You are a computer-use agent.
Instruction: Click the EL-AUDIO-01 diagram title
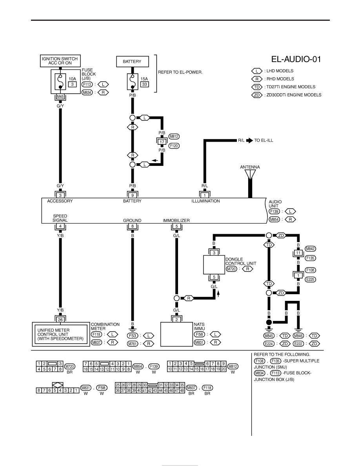296,59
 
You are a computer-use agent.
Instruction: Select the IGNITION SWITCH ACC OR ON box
60,61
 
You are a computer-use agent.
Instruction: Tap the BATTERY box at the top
132,62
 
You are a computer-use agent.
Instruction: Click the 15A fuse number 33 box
144,84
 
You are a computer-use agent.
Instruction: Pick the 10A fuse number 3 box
72,84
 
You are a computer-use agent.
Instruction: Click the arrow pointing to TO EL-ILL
249,140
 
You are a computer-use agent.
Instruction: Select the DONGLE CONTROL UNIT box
214,264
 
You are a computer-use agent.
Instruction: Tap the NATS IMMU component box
177,334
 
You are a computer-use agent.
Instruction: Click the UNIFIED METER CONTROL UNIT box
61,334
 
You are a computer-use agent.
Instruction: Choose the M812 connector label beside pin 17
174,137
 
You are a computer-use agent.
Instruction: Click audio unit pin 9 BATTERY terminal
133,195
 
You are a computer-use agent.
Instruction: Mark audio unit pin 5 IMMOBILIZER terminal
177,226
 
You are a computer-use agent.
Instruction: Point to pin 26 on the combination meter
60,319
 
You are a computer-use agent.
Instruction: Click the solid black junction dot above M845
269,322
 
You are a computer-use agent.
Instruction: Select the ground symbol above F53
133,329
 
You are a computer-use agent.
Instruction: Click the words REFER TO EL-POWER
180,72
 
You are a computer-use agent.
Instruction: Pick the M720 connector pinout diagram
49,366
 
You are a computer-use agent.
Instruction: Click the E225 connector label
311,279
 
